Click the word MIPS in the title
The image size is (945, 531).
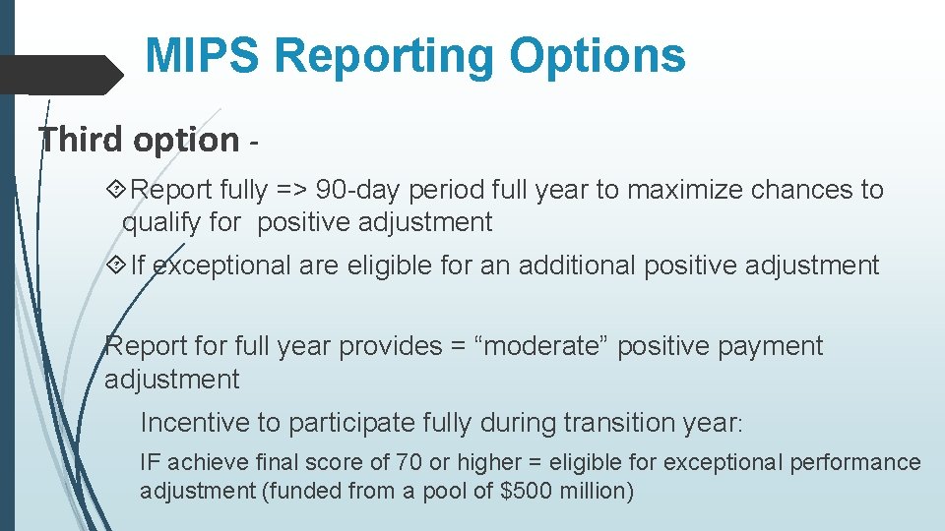coord(203,56)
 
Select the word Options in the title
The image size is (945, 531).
coord(597,56)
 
